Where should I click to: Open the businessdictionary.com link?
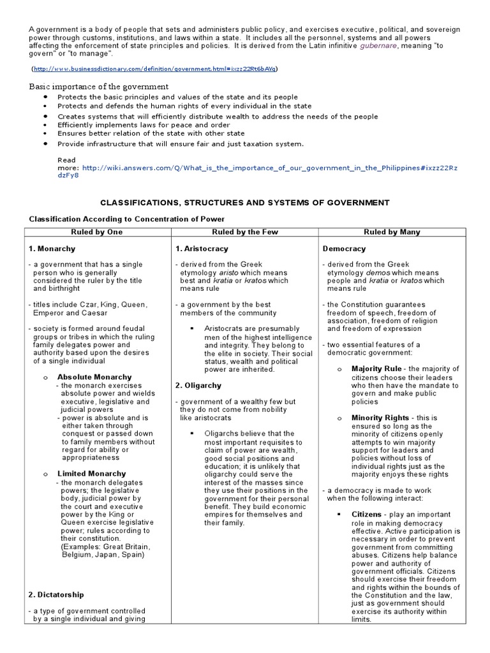pos(156,68)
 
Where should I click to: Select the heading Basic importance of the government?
pos(99,86)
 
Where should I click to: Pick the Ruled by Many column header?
pos(392,233)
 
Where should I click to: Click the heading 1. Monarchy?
pos(52,249)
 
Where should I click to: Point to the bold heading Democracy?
pos(345,249)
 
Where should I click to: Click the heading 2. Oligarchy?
pos(198,386)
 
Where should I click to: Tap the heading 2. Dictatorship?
pos(56,595)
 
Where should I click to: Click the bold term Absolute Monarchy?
pos(94,378)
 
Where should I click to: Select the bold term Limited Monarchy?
pos(92,474)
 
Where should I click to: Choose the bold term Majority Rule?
pos(376,369)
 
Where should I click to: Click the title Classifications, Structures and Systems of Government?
pos(244,203)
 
